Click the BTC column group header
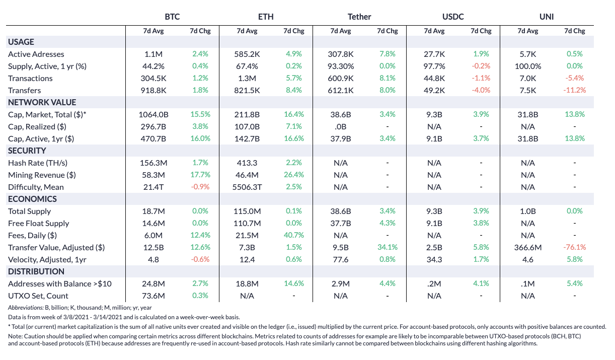pos(173,17)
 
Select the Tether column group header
pos(359,17)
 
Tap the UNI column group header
pos(547,17)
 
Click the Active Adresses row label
pos(36,54)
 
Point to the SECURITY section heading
pos(27,151)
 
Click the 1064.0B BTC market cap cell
pos(153,114)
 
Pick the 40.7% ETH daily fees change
pos(294,235)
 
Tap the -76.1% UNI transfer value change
pos(574,247)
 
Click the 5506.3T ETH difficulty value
pos(247,187)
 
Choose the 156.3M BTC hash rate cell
pos(153,163)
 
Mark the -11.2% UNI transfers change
pos(574,90)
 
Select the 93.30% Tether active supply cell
pos(341,66)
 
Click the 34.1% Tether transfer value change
pos(388,247)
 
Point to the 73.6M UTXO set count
pos(153,296)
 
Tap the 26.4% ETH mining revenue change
pos(294,175)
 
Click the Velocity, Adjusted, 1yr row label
pos(47,259)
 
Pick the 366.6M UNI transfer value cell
pos(528,247)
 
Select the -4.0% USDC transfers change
pos(481,90)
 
